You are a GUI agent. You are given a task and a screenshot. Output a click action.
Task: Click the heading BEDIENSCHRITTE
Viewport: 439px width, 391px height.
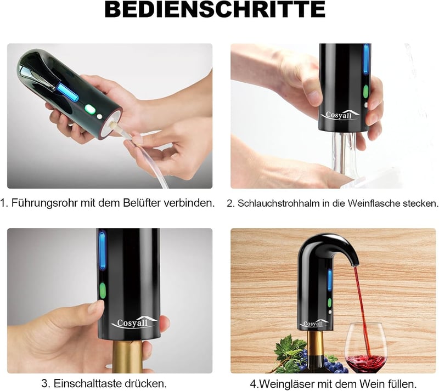tap(215, 9)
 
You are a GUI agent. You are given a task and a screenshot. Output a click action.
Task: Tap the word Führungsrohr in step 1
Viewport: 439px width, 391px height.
tap(44, 203)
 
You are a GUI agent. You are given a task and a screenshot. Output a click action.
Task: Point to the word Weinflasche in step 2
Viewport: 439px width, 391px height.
tap(373, 203)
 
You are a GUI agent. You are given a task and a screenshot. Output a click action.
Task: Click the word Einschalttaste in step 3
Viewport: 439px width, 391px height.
tap(88, 383)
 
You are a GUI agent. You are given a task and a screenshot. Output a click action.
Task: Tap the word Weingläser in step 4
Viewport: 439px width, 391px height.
tap(290, 384)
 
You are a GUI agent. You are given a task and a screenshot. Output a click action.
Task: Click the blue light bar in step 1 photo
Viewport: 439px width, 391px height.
tap(67, 92)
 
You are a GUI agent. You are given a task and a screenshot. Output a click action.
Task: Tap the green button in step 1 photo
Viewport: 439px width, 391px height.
tap(89, 109)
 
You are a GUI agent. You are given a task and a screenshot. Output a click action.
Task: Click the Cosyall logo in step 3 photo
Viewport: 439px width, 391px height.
tap(134, 322)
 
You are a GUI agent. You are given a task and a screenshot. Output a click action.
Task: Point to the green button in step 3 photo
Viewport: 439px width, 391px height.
tap(103, 290)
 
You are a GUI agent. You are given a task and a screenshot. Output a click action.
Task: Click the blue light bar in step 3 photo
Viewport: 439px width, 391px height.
tap(103, 251)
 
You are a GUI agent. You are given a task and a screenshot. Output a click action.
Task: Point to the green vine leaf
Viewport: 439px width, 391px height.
tap(290, 348)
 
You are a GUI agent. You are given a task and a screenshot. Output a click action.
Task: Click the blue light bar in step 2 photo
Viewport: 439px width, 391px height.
tap(366, 59)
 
